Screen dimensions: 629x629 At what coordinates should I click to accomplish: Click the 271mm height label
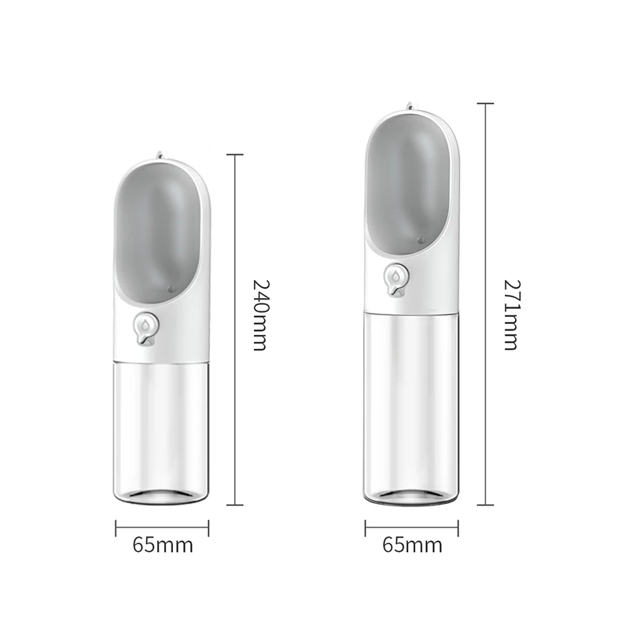click(512, 304)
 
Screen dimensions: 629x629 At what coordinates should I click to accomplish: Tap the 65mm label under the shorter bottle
click(163, 545)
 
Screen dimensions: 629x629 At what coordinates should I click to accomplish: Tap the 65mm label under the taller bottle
click(411, 544)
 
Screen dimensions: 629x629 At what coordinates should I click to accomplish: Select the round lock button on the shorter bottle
click(145, 329)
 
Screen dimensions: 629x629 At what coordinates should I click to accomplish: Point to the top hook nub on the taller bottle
click(411, 107)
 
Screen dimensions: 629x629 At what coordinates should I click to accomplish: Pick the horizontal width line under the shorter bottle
click(163, 528)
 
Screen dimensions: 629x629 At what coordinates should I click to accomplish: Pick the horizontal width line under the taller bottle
click(411, 528)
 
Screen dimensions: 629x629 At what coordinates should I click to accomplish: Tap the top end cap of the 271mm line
click(485, 103)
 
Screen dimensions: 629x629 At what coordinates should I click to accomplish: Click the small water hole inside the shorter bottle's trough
click(172, 289)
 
